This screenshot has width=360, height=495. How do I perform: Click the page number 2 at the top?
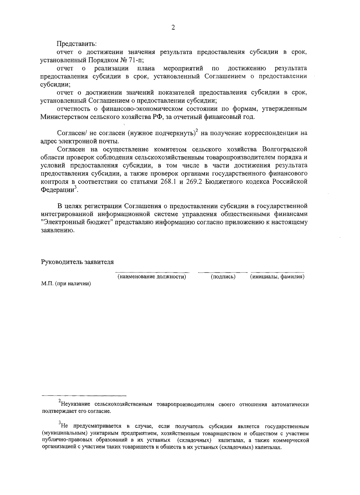172,28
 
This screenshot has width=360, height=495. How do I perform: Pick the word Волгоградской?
284,149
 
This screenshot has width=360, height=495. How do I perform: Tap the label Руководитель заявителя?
77,262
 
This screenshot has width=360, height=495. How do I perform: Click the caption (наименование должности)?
152,277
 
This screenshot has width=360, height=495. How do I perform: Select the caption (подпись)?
223,277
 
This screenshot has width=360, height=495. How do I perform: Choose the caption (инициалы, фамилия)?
277,277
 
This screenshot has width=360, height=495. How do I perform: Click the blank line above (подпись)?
223,272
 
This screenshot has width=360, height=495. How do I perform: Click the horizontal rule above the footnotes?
84,396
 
